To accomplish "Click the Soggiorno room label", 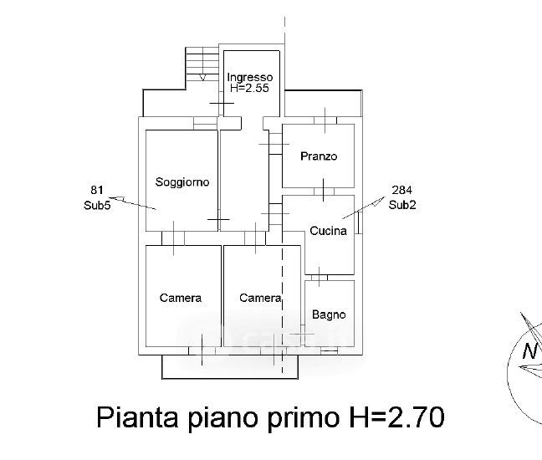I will pyautogui.click(x=182, y=181).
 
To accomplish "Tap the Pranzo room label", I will pyautogui.click(x=319, y=156).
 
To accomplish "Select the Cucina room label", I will pyautogui.click(x=328, y=232).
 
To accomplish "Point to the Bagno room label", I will pyautogui.click(x=329, y=315).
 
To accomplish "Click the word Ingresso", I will pyautogui.click(x=250, y=77).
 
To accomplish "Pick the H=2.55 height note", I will pyautogui.click(x=251, y=87).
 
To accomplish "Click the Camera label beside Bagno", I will pyautogui.click(x=260, y=298).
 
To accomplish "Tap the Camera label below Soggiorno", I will pyautogui.click(x=181, y=298).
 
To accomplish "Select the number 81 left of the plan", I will pyautogui.click(x=97, y=189).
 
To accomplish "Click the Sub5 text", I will pyautogui.click(x=97, y=204).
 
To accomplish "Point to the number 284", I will pyautogui.click(x=401, y=190).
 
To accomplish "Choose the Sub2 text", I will pyautogui.click(x=402, y=205).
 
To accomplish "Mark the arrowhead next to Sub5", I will pyautogui.click(x=118, y=199).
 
